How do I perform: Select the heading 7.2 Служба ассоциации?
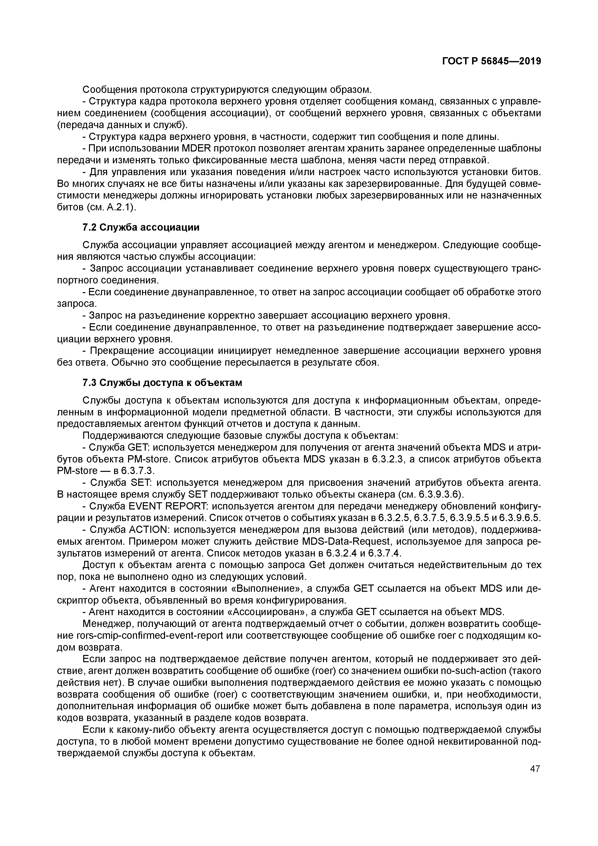141,227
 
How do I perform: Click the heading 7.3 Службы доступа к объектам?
162,383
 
